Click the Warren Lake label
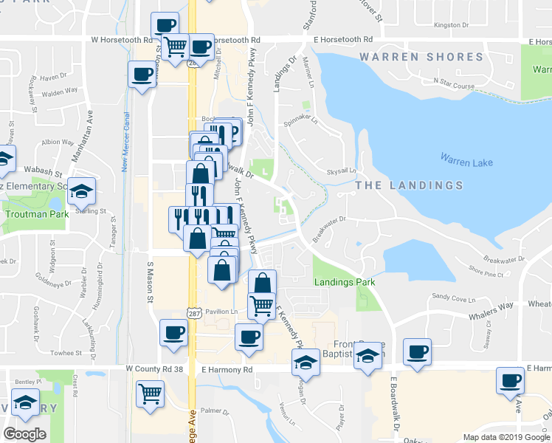click(466, 159)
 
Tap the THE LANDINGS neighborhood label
click(410, 185)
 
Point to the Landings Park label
click(344, 282)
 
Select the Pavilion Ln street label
click(221, 312)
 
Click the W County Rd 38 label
click(153, 368)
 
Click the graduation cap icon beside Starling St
click(82, 191)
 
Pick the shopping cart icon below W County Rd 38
click(151, 394)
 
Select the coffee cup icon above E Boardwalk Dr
click(418, 351)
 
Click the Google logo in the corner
click(25, 433)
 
